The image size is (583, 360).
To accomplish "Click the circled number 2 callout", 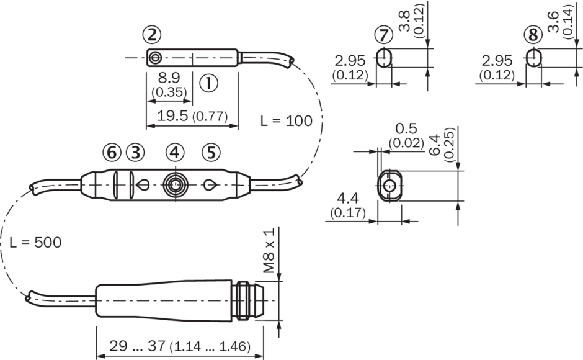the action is click(152, 35).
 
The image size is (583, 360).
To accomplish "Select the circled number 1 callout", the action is click(208, 83).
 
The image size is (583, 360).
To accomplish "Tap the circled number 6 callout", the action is click(112, 153).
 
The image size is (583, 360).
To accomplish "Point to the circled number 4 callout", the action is click(175, 153).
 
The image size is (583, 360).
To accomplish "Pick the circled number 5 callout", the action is click(211, 153).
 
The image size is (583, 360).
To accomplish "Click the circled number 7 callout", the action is click(384, 35).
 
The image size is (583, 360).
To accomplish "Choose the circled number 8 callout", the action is click(533, 35).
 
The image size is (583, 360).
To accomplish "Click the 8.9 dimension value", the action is click(169, 78).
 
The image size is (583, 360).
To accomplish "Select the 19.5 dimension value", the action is click(173, 116).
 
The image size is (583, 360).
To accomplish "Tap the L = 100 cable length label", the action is click(287, 120).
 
